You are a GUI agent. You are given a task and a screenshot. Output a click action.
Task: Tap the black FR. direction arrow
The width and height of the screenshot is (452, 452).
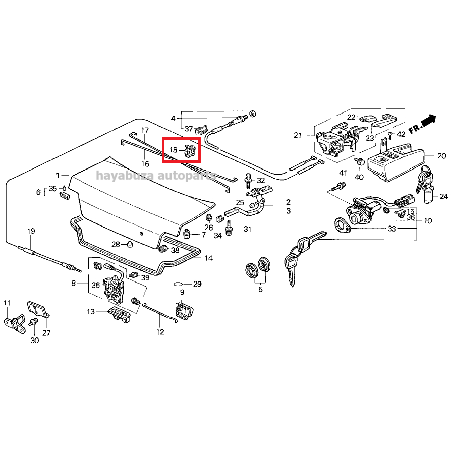click(428, 121)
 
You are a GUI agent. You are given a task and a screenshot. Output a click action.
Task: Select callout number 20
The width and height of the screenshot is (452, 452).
click(442, 156)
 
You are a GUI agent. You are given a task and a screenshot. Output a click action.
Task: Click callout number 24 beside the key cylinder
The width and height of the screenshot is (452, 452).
click(443, 196)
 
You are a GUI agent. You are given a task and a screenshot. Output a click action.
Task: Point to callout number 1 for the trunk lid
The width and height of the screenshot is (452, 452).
click(58, 175)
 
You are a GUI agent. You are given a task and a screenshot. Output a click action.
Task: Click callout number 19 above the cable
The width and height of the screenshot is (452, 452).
click(31, 231)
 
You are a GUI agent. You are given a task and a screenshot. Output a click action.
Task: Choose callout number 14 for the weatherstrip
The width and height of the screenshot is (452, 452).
click(208, 258)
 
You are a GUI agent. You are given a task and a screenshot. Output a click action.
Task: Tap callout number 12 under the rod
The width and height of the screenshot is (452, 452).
click(160, 332)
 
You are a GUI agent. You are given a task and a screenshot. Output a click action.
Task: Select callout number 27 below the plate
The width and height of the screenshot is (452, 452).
click(46, 333)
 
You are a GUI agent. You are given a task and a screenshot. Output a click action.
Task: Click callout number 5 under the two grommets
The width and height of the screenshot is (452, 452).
click(260, 289)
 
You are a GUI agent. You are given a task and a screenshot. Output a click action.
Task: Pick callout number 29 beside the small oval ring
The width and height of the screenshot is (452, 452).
click(197, 284)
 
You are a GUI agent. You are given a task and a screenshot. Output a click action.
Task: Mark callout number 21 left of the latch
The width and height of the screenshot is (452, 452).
click(297, 135)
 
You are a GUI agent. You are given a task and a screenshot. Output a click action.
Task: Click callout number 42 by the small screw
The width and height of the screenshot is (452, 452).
click(401, 134)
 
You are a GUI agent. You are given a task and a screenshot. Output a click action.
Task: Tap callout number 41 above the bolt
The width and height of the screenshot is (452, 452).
click(343, 173)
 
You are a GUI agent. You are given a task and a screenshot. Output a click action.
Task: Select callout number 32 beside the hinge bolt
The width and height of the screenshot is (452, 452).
click(261, 180)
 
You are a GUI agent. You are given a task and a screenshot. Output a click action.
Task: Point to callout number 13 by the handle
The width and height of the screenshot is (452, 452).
click(91, 312)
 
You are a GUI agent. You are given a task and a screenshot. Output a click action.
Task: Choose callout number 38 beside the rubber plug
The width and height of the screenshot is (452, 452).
click(175, 250)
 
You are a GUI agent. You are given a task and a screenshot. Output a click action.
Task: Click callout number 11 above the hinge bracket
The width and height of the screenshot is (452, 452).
click(7, 303)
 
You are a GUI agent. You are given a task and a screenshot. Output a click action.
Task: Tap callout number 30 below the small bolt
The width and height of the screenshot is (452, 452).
click(34, 341)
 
